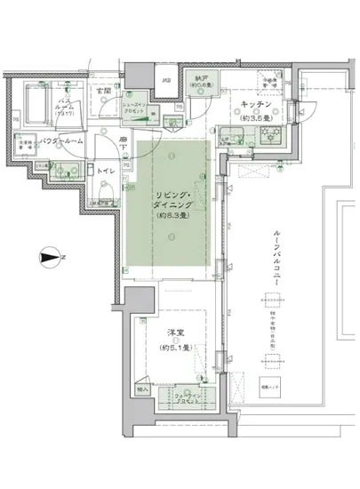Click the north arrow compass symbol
tap(52, 259)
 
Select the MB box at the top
tap(164, 83)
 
